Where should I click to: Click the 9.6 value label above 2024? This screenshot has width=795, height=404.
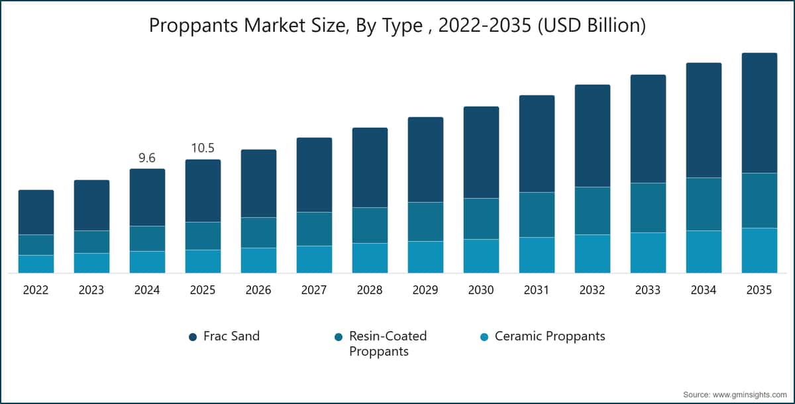pyautogui.click(x=147, y=158)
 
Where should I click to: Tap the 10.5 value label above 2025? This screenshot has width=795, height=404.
pyautogui.click(x=203, y=148)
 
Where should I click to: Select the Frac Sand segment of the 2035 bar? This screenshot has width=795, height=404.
pyautogui.click(x=759, y=113)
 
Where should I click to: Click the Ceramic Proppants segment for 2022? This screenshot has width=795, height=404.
pyautogui.click(x=36, y=264)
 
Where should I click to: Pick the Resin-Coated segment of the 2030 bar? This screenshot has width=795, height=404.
pyautogui.click(x=481, y=219)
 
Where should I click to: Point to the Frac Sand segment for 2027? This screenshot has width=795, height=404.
pyautogui.click(x=315, y=175)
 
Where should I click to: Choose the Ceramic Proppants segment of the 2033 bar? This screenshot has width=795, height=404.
pyautogui.click(x=648, y=252)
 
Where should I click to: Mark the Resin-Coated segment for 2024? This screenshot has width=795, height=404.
pyautogui.click(x=147, y=238)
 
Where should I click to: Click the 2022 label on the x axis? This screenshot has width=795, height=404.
pyautogui.click(x=36, y=290)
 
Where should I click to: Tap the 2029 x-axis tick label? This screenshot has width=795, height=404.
pyautogui.click(x=425, y=290)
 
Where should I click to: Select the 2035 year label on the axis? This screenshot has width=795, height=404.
pyautogui.click(x=759, y=290)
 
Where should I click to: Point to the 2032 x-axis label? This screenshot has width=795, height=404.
pyautogui.click(x=592, y=290)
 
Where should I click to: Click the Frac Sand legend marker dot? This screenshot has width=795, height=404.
pyautogui.click(x=193, y=337)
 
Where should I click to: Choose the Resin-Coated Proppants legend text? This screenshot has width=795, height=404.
pyautogui.click(x=388, y=344)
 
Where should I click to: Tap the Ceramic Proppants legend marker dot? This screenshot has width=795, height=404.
pyautogui.click(x=484, y=337)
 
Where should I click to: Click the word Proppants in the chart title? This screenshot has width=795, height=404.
pyautogui.click(x=193, y=26)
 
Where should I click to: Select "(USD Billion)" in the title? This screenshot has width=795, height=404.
pyautogui.click(x=592, y=26)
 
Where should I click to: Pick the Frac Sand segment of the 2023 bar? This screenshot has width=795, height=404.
pyautogui.click(x=91, y=205)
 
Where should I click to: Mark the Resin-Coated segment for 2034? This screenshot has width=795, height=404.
pyautogui.click(x=704, y=204)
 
